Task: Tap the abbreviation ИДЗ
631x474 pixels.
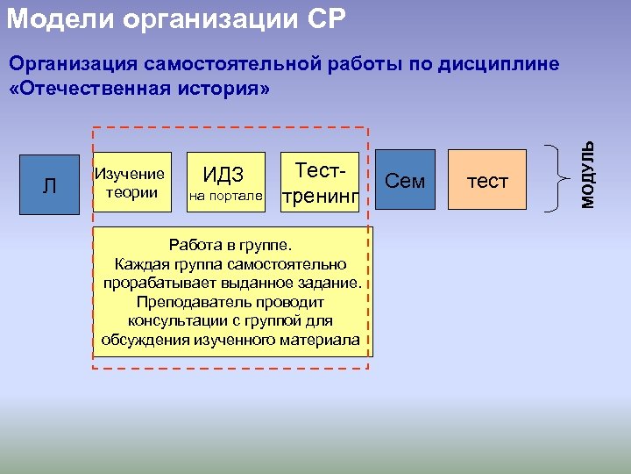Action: click(x=223, y=173)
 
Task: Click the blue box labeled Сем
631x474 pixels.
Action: click(x=405, y=182)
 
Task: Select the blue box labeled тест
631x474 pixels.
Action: click(x=487, y=182)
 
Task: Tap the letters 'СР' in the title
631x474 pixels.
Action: click(x=328, y=17)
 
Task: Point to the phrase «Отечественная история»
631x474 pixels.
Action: click(x=138, y=90)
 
